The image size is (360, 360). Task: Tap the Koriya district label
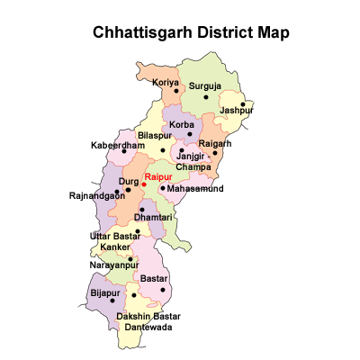point(166,83)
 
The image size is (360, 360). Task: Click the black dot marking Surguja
point(206,96)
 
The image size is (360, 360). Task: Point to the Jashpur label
point(236,111)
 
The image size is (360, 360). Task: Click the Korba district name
point(183,124)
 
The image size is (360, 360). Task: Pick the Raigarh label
point(215,143)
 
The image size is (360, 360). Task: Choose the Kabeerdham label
point(117,145)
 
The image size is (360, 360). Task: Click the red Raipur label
point(158,176)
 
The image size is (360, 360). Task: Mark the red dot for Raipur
point(144,184)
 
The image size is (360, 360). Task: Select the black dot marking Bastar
point(162,290)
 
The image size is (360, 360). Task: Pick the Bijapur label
point(104,292)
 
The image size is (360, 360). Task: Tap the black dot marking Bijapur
point(112,301)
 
